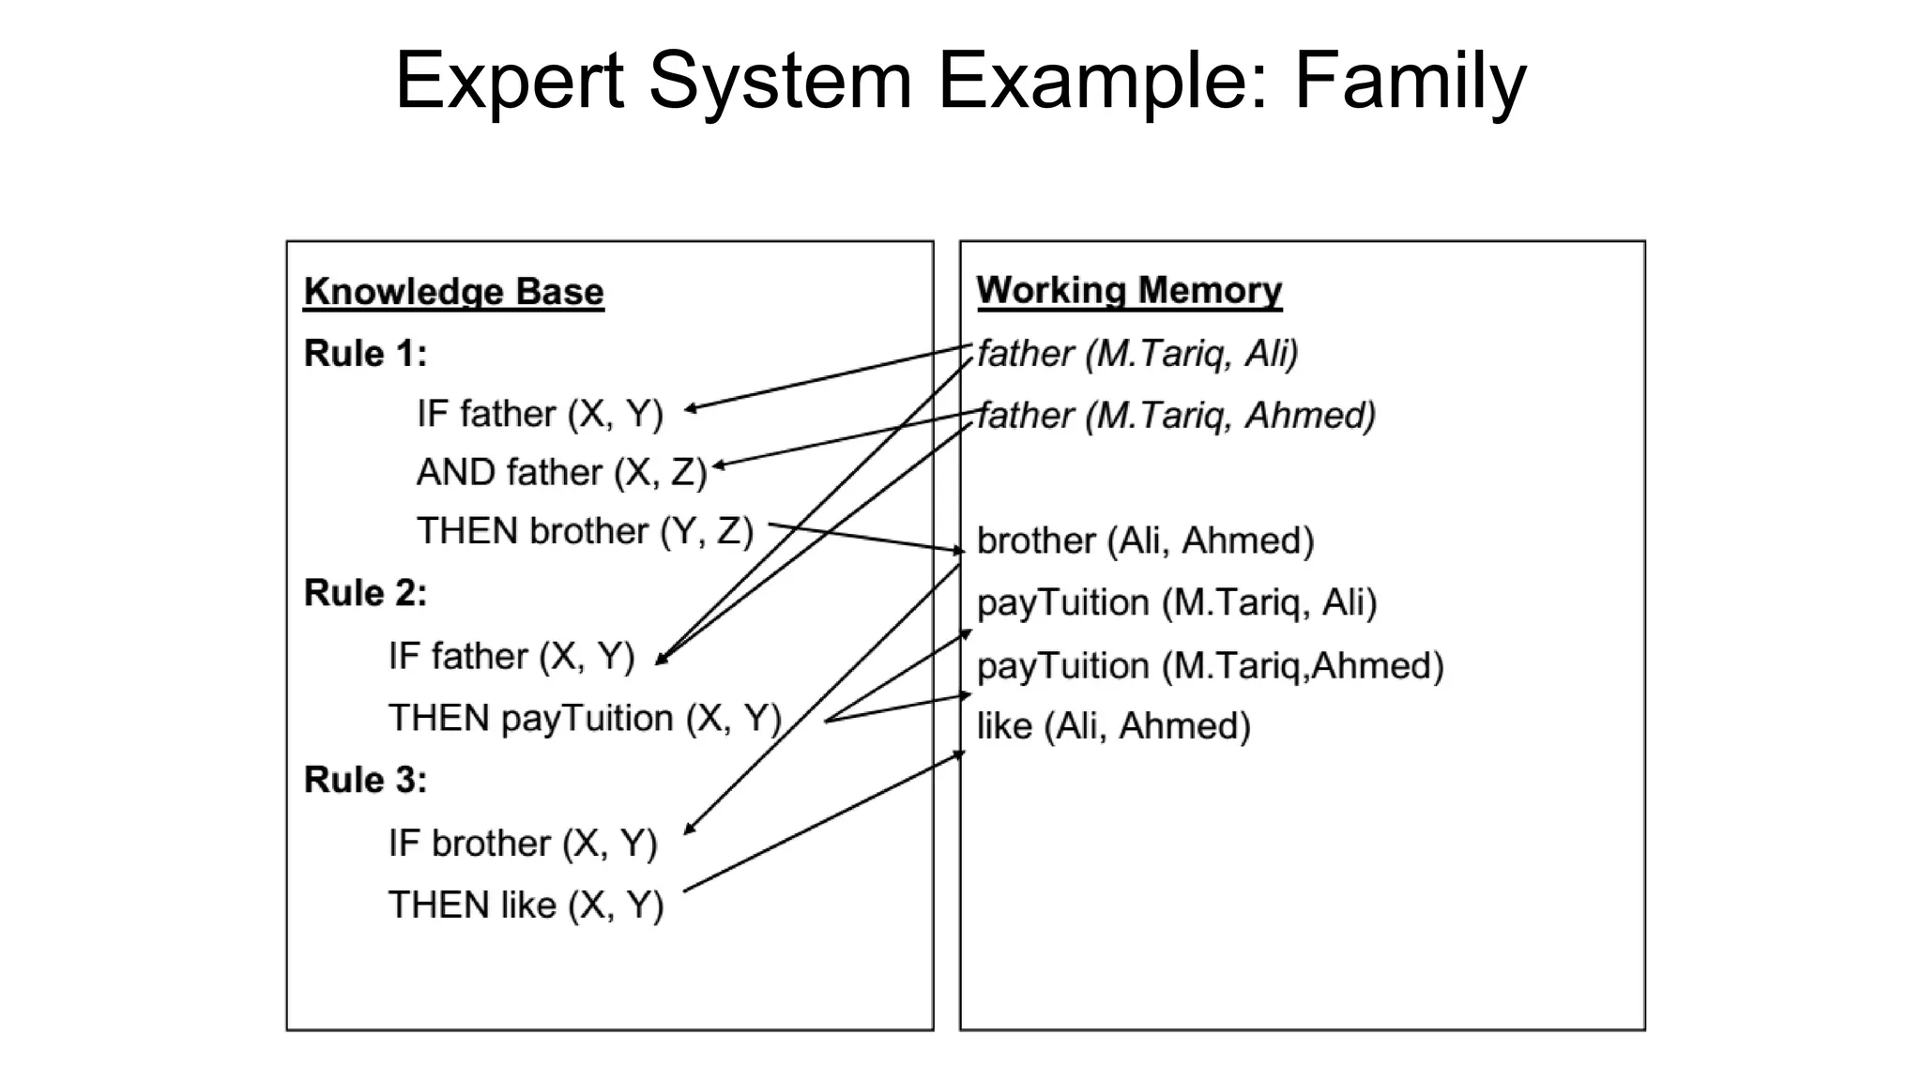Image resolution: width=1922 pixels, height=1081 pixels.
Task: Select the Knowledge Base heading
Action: click(x=453, y=292)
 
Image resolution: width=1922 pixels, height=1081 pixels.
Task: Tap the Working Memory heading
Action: click(x=1129, y=290)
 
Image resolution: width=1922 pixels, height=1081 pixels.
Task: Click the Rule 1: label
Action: click(x=365, y=354)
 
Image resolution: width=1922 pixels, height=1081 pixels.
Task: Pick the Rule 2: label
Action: click(x=365, y=593)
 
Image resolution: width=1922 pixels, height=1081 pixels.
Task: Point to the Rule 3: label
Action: click(x=365, y=780)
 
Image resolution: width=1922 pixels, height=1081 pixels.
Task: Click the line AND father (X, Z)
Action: click(x=561, y=472)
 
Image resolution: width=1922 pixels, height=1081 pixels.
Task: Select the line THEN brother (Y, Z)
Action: click(x=585, y=531)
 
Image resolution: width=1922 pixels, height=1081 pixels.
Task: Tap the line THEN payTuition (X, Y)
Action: click(x=585, y=719)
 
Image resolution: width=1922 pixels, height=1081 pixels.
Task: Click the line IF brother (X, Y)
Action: click(x=523, y=844)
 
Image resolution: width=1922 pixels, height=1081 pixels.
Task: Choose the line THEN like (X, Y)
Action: click(x=526, y=906)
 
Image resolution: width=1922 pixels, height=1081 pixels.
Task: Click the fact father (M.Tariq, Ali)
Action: click(x=1137, y=354)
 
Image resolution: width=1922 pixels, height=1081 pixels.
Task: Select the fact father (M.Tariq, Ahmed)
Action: click(x=1176, y=415)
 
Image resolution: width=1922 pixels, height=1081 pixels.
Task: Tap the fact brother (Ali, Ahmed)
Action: click(x=1145, y=541)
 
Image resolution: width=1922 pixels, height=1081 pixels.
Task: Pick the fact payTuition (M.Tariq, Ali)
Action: click(x=1176, y=602)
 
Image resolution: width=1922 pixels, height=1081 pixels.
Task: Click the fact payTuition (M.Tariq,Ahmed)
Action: click(x=1210, y=666)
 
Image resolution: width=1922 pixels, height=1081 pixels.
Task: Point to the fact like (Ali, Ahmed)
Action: click(x=1113, y=726)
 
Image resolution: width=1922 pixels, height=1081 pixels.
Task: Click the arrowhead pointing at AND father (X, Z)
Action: click(x=718, y=465)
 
